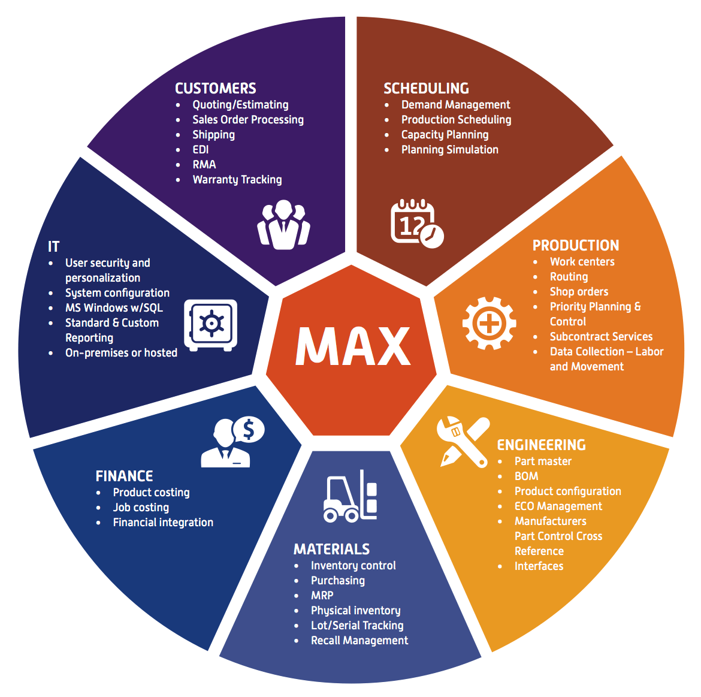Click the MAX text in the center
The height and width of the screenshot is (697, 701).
[x=353, y=346]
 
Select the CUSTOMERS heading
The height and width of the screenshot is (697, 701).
[x=216, y=89]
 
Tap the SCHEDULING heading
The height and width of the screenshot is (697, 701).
[x=427, y=89]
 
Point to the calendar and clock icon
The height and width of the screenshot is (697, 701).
[x=417, y=223]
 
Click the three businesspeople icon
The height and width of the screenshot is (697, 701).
[x=283, y=224]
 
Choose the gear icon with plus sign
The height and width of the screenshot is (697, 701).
[x=489, y=323]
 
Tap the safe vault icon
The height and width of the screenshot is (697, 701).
[x=210, y=325]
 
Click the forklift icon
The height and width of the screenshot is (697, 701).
[x=350, y=496]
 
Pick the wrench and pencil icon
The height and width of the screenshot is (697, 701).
[x=463, y=442]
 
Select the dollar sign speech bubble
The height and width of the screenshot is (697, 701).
[x=249, y=430]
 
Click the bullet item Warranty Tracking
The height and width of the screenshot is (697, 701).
[x=237, y=180]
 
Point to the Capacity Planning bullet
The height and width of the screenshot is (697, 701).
[x=445, y=135]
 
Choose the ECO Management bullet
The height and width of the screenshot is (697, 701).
[x=558, y=506]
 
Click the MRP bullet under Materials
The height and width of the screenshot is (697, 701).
[x=322, y=596]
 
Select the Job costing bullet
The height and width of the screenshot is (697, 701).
[x=141, y=508]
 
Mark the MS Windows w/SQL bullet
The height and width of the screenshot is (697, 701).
[x=114, y=308]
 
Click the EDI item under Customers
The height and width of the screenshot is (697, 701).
[x=201, y=150]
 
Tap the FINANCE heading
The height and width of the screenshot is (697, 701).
[x=124, y=476]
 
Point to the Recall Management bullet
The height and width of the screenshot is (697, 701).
[x=359, y=641]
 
